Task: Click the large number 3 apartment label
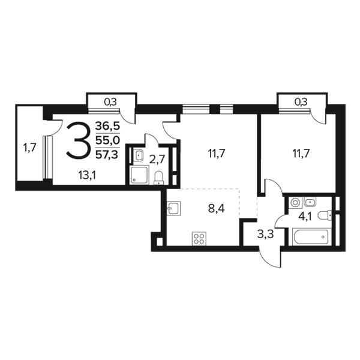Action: coord(77,140)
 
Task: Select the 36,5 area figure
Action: coord(107,126)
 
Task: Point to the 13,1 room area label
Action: coord(87,176)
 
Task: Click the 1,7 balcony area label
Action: coord(29,148)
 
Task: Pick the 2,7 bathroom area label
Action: coord(157,160)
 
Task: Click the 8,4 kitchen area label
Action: coord(216,209)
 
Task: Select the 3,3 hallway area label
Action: coord(265,235)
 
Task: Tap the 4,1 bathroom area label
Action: coord(305,216)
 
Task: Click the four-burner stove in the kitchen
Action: coord(199,239)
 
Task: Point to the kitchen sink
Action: coord(174,208)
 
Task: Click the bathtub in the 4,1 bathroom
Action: coord(310,237)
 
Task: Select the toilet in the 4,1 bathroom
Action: coord(325,215)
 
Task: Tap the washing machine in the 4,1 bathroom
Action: coord(295,202)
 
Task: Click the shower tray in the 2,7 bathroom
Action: coord(139,175)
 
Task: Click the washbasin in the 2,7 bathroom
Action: coord(139,155)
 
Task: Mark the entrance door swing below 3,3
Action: coord(270,257)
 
